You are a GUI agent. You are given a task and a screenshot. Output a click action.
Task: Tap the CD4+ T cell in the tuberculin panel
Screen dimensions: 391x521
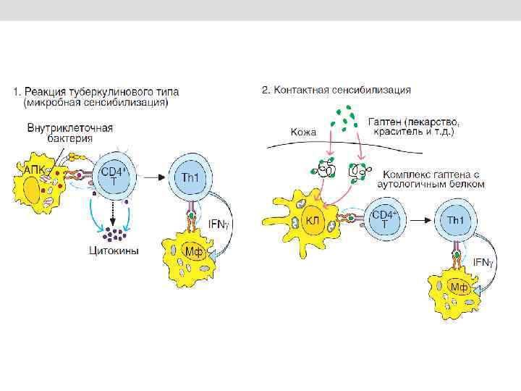[x=112, y=176]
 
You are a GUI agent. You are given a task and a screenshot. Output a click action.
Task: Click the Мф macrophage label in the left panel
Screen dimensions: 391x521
[x=192, y=252]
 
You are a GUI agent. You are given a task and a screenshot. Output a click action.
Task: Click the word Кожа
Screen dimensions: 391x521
[x=304, y=132]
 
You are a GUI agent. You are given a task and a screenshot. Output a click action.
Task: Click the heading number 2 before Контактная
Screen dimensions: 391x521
[x=266, y=91]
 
